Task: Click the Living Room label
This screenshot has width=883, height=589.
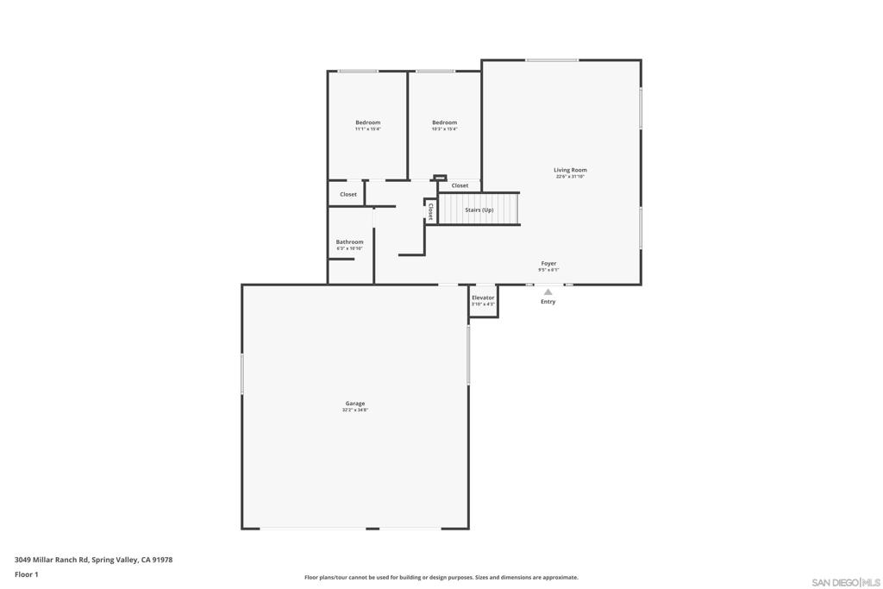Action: [x=570, y=170]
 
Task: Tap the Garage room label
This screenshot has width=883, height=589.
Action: [x=355, y=404]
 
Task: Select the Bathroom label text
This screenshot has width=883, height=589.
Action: [x=349, y=242]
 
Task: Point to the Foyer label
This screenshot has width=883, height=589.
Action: [x=548, y=263]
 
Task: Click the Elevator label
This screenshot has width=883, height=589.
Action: [x=483, y=298]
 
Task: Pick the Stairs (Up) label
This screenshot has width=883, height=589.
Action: [x=479, y=210]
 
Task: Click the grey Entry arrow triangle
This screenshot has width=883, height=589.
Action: [x=548, y=291]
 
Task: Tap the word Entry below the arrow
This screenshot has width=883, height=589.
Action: [x=548, y=302]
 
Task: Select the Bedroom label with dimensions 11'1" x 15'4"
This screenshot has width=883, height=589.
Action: [x=367, y=122]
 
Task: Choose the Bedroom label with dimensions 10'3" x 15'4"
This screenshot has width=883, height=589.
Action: [x=444, y=122]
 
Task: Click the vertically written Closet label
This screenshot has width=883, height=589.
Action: [x=430, y=211]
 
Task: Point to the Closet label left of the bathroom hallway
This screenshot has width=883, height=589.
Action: [x=348, y=194]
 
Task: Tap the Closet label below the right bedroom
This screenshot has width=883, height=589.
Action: [x=460, y=185]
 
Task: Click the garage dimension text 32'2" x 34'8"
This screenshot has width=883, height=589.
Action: [x=355, y=410]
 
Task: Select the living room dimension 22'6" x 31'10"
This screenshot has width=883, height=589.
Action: [x=570, y=177]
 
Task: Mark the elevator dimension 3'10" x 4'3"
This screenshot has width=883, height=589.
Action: [x=483, y=304]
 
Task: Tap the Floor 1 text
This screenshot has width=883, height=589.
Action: [x=27, y=574]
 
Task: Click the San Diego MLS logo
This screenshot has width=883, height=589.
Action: [x=845, y=582]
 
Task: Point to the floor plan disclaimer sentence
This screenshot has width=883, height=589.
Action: [x=441, y=578]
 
